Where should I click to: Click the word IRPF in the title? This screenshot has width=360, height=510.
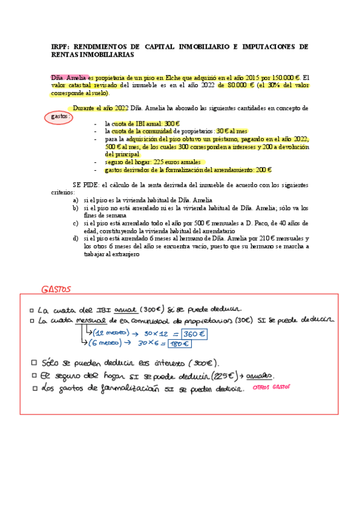click(x=59, y=46)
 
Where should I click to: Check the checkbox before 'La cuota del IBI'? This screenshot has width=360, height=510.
click(x=31, y=310)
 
